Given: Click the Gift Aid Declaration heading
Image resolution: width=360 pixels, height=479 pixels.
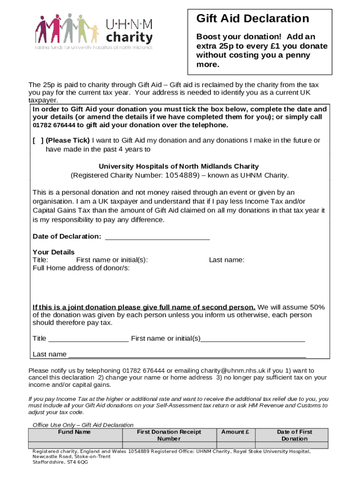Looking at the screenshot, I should coord(252,19).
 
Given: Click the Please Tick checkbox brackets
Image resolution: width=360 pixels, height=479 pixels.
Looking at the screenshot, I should coord(38,140).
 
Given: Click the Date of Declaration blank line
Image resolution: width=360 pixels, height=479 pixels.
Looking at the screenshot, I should coord(158,237).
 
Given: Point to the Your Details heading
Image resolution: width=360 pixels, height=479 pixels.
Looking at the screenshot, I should coord(53,252).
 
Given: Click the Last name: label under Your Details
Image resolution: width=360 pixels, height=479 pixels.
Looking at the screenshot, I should coord(226,260).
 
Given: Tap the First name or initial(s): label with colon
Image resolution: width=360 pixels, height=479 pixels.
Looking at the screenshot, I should coord(112,260).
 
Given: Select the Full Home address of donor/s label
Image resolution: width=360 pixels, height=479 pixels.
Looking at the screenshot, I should coord(81,268).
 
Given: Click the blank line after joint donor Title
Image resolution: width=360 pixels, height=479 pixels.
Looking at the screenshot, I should coord(88,339).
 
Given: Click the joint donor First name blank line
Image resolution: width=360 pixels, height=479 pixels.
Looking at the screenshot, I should coord(252,339).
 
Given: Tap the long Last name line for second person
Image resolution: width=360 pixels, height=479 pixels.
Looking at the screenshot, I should coord(187,355).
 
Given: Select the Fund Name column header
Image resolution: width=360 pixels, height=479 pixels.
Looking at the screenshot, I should coord(74,432).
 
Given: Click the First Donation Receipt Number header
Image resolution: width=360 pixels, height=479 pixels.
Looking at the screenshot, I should coord(169,435).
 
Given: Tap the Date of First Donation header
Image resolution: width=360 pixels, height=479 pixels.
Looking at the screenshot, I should coord(294,435).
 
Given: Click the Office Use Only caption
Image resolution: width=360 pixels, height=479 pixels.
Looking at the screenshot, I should coord(83,425).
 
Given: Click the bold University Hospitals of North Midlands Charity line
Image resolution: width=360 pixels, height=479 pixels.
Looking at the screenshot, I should coord(179,167).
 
